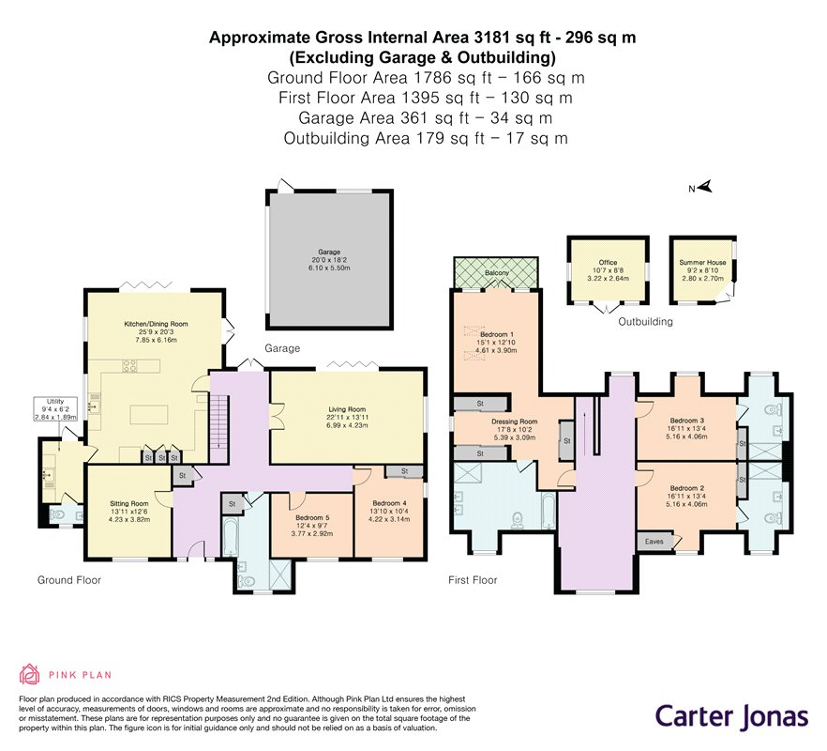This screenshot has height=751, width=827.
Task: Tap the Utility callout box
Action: pos(55,408)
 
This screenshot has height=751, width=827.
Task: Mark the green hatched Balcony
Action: pos(496,272)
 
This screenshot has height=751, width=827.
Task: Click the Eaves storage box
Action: pos(654,542)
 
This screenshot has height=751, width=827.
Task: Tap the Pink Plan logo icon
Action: pos(30,674)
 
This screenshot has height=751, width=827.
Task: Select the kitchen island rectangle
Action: pos(149,415)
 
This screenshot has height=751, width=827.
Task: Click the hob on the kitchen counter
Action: pos(130,365)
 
